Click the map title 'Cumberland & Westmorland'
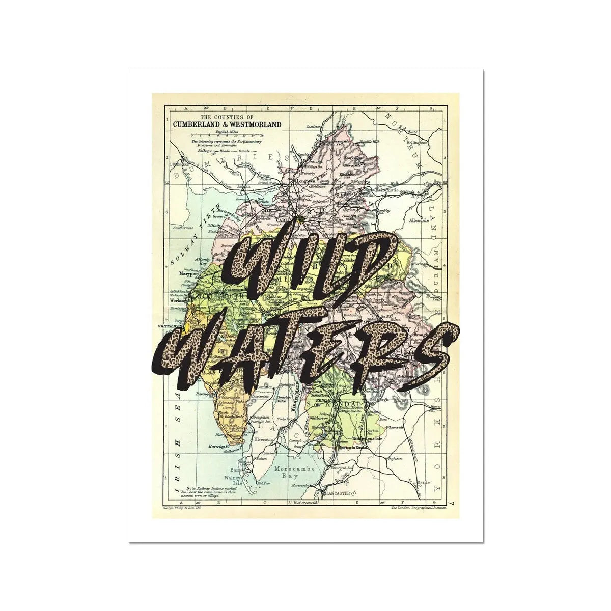pyautogui.click(x=227, y=124)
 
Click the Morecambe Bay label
pyautogui.click(x=288, y=471)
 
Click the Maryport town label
pyautogui.click(x=188, y=273)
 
